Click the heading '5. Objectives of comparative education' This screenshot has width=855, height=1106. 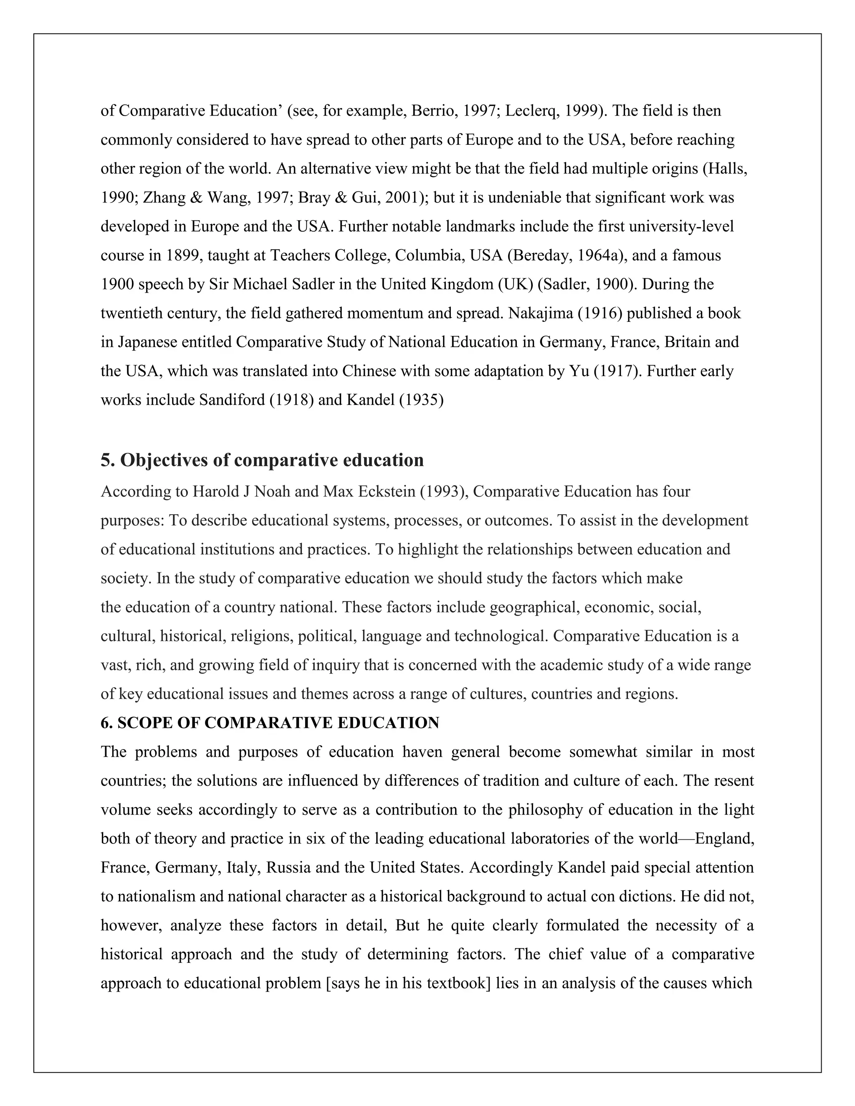click(x=262, y=460)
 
